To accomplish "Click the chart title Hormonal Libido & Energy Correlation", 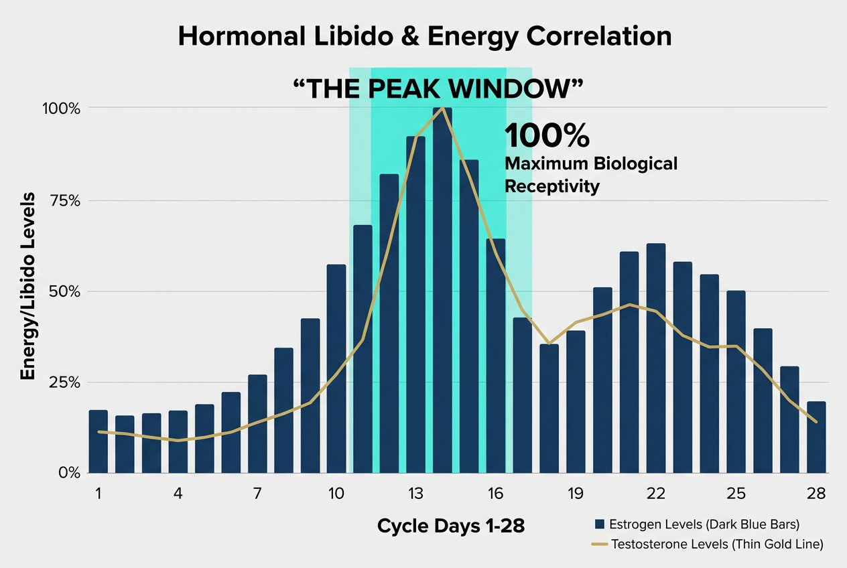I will pos(424,37).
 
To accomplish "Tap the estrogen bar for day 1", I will pos(99,441).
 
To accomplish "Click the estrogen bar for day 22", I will pos(655,358).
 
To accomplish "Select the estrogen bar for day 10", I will pos(336,368).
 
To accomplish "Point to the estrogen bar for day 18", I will pos(549,409).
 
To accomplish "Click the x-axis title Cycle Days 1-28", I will pos(450,526).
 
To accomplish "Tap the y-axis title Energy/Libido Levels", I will pos(28,285).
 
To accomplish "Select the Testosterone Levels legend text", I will pos(717,544).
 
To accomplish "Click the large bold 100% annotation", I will pos(547,136).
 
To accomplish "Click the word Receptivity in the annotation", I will pos(551,186).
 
